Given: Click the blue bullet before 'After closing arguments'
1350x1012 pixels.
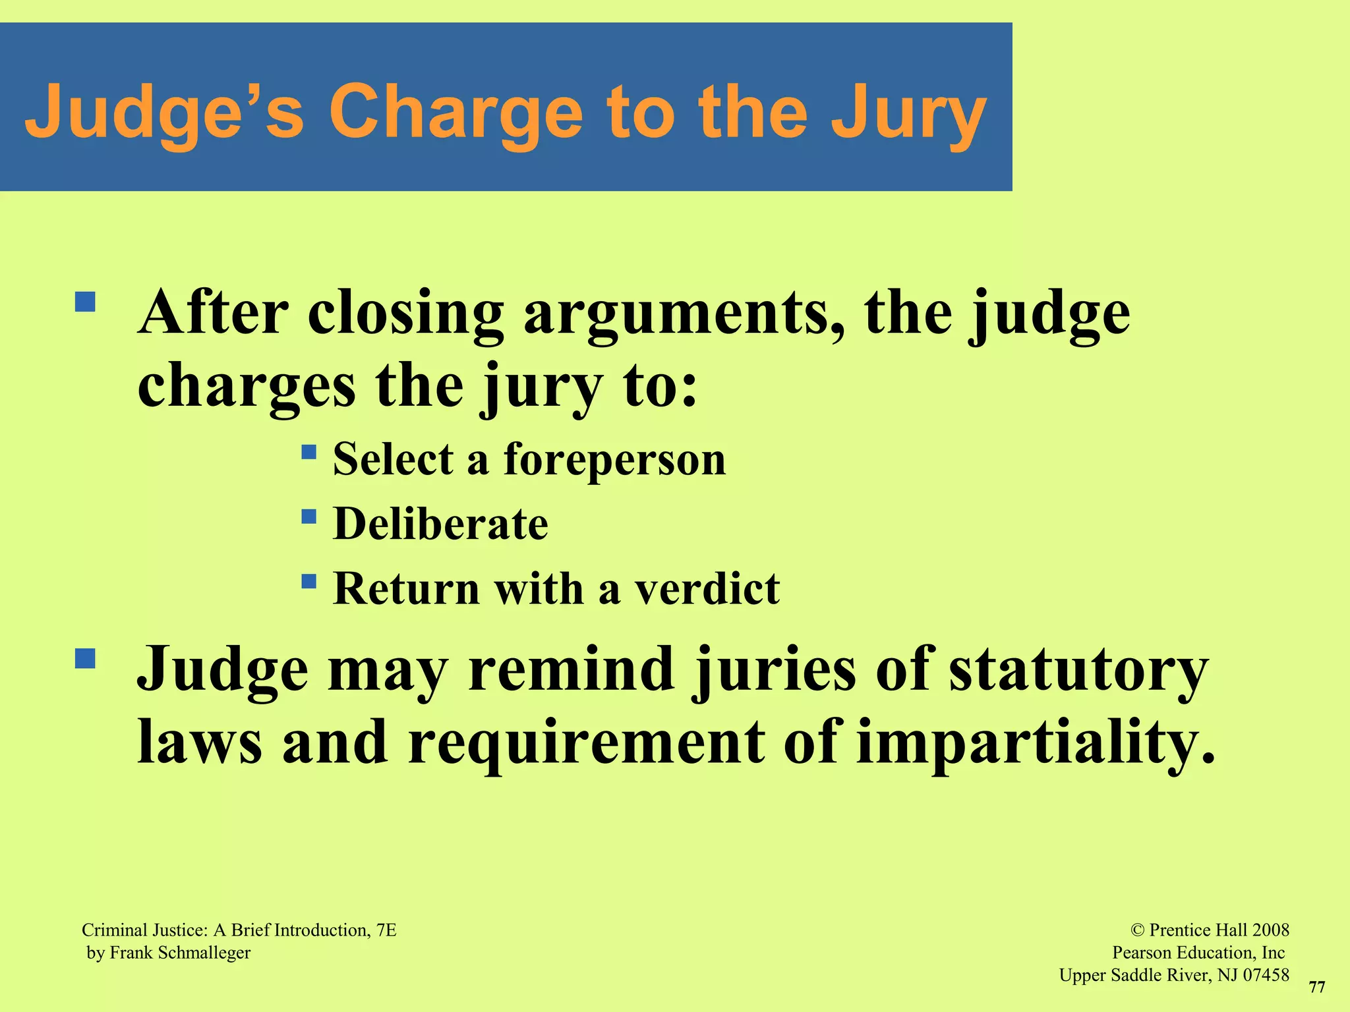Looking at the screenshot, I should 85,302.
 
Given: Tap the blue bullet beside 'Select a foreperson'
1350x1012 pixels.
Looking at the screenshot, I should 308,452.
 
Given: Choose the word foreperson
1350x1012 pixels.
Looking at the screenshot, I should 614,459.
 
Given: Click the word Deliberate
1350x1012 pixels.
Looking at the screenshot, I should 440,524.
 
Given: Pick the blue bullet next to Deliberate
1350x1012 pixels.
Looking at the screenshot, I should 308,516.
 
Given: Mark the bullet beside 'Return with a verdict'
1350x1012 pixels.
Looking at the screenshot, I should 308,581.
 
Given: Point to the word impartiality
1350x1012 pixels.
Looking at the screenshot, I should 1035,743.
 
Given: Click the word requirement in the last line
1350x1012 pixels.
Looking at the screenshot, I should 587,743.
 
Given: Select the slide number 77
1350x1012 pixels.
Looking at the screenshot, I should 1316,987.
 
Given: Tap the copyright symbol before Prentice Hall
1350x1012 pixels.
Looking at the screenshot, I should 1137,930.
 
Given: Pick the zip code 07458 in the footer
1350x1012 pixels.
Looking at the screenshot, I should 1266,975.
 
